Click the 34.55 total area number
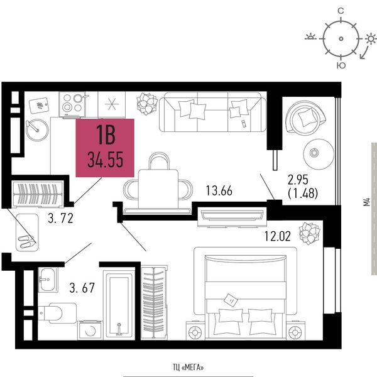(x=106, y=160)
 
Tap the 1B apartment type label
(x=106, y=135)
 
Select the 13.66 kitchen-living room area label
(x=219, y=190)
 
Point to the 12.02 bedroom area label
(x=278, y=236)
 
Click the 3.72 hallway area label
(x=60, y=219)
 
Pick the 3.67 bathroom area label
(x=82, y=288)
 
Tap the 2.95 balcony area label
(x=298, y=180)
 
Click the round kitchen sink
(x=37, y=130)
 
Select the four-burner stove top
(x=72, y=104)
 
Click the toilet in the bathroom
(x=57, y=313)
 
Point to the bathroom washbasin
(x=48, y=280)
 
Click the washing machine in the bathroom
(x=90, y=330)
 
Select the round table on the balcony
(x=319, y=154)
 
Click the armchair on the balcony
(x=305, y=117)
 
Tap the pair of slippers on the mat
(x=26, y=241)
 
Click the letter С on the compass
(x=341, y=11)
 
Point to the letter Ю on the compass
(x=341, y=65)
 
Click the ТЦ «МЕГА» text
(x=188, y=367)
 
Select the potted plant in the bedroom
(x=310, y=233)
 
